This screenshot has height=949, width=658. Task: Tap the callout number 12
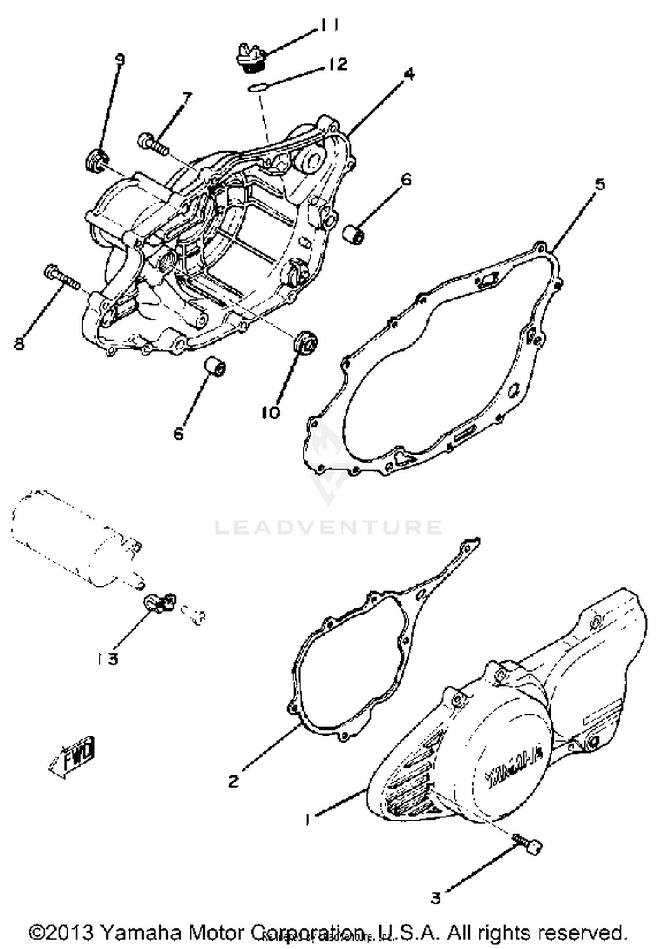pyautogui.click(x=336, y=64)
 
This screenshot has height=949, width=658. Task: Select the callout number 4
pyautogui.click(x=408, y=75)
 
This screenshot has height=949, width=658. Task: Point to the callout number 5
pyautogui.click(x=600, y=184)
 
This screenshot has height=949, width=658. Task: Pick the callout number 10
pyautogui.click(x=271, y=412)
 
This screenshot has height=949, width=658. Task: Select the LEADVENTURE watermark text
pyautogui.click(x=328, y=527)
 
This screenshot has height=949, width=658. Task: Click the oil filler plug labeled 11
pyautogui.click(x=250, y=57)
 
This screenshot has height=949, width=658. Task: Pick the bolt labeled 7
pyautogui.click(x=152, y=145)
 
